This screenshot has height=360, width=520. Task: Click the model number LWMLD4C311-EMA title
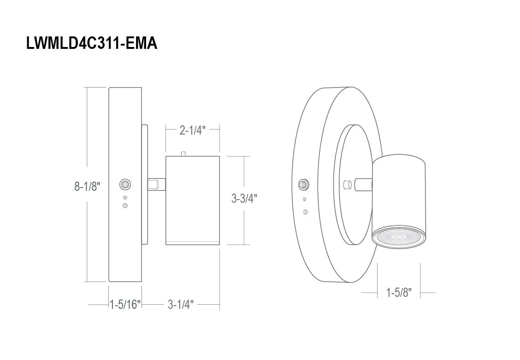92,43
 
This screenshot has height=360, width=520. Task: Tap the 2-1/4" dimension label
193,130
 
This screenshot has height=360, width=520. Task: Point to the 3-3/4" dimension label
244,199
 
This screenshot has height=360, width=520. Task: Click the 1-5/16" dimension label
125,304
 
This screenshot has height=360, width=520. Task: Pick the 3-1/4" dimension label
180,304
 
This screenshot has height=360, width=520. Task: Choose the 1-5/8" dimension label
399,292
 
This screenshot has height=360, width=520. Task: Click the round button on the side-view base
125,184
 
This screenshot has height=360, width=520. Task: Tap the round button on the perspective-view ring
303,184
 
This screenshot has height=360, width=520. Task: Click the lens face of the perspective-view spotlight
399,238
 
